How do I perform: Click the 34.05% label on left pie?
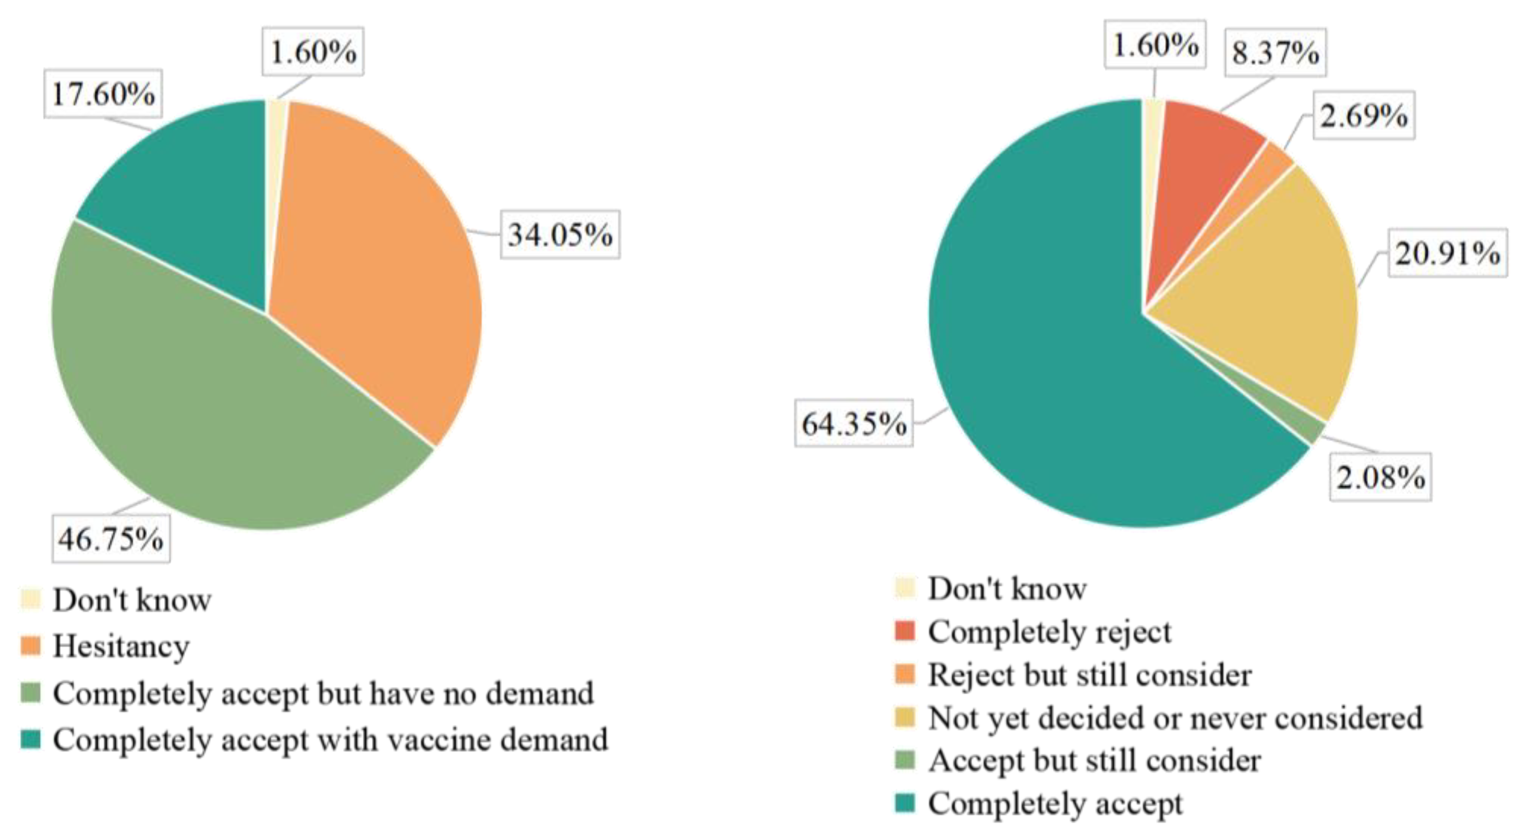560,235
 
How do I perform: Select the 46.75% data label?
111,538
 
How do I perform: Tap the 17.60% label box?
104,94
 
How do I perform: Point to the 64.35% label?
854,423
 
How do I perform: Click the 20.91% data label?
1447,254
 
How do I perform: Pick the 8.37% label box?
1275,53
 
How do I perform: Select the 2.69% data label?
1364,115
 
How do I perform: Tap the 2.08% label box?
1381,477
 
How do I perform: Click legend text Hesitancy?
121,646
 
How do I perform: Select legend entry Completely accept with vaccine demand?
330,740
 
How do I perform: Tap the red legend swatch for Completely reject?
905,630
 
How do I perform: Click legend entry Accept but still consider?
1094,761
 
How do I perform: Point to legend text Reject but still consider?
1089,674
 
